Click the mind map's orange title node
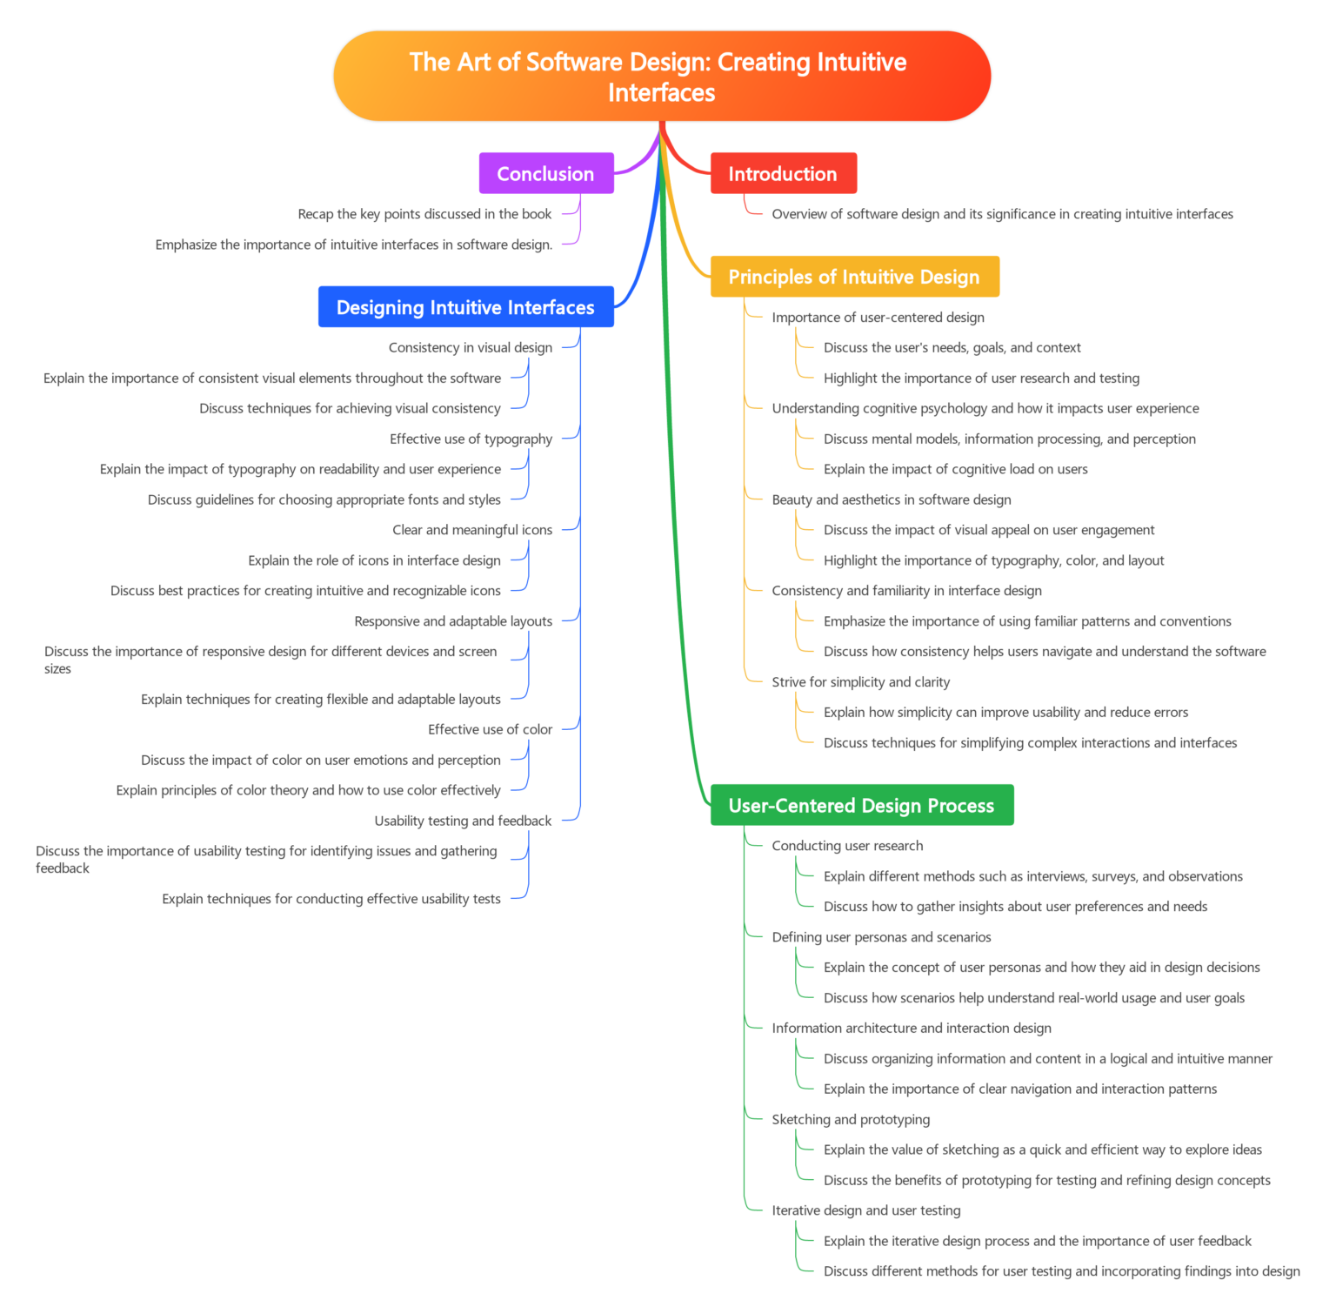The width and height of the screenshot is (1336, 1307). click(x=661, y=77)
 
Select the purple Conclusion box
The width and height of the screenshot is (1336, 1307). click(x=545, y=173)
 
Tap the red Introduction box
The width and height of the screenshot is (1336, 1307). click(x=783, y=173)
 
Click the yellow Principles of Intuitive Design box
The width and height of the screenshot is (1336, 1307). click(x=854, y=277)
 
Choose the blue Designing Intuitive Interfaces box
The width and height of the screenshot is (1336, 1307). click(x=465, y=307)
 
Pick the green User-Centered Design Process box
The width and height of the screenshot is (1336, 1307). click(x=861, y=805)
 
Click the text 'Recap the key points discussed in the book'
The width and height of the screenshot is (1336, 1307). click(x=424, y=214)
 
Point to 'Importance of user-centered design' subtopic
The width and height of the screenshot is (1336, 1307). click(x=878, y=318)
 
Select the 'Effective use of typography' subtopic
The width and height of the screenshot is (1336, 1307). click(x=471, y=439)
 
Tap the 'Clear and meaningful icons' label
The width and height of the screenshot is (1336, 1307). click(x=472, y=530)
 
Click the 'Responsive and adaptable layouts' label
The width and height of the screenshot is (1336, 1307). click(x=453, y=620)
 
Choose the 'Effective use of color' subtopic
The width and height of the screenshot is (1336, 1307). click(x=490, y=729)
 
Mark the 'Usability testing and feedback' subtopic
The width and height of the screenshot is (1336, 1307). click(x=463, y=821)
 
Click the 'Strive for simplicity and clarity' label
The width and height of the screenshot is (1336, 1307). click(x=860, y=682)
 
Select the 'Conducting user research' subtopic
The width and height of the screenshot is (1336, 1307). click(x=847, y=846)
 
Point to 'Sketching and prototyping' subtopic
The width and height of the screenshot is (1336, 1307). click(x=851, y=1120)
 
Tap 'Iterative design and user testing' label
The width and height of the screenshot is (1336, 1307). click(x=865, y=1210)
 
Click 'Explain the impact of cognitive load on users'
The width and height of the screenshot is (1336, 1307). click(x=955, y=469)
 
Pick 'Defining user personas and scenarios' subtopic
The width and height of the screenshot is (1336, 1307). click(x=881, y=937)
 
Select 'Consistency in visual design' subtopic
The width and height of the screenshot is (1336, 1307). click(x=471, y=348)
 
